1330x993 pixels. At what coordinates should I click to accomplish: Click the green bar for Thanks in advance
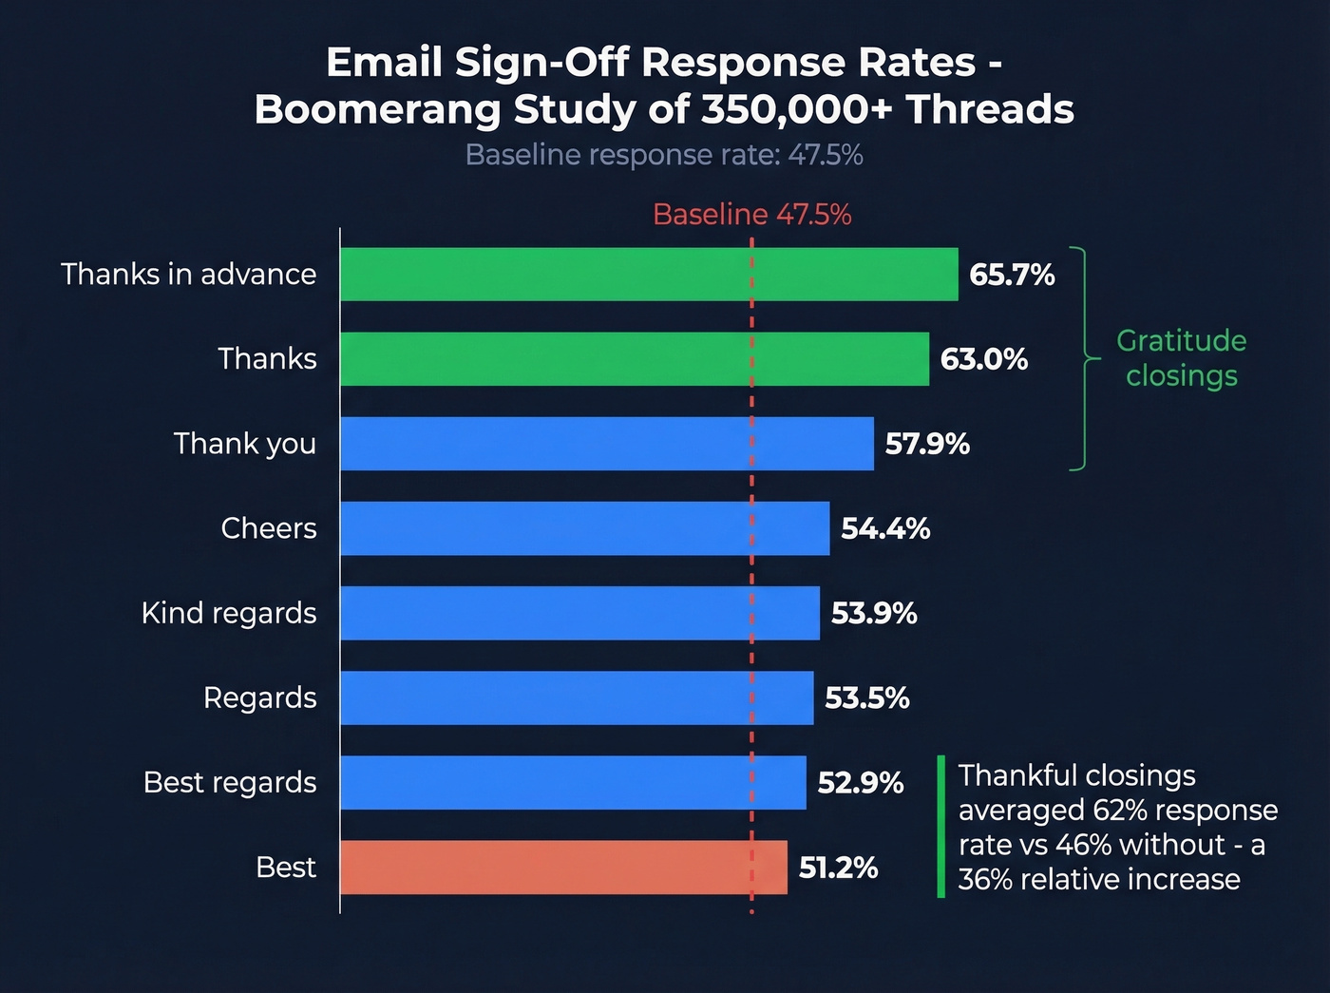coord(649,275)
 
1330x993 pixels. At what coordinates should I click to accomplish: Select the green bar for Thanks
coord(635,359)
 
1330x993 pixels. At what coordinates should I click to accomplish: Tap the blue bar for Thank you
coord(607,444)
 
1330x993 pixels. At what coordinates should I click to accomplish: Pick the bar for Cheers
coord(584,528)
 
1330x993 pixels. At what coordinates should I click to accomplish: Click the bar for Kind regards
coord(579,613)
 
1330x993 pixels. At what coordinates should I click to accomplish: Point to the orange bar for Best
coord(563,868)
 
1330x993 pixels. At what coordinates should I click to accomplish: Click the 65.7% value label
coord(1012,276)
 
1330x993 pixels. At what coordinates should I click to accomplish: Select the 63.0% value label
coord(983,360)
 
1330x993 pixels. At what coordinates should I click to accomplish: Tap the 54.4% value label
coord(885,529)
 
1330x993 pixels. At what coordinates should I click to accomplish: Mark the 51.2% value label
coord(838,869)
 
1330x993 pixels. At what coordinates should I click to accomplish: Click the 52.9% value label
coord(860,783)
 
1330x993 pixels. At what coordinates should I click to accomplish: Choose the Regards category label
coord(259,698)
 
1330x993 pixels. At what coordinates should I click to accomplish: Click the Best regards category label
coord(230,783)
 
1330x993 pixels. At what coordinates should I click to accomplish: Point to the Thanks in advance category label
coord(188,275)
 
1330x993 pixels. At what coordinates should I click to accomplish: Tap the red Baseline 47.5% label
coord(751,215)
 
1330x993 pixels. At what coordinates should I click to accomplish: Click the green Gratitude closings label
coord(1181,358)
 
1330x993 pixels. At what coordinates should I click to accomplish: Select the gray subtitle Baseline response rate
coord(664,155)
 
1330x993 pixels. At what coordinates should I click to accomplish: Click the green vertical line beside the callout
coord(940,827)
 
